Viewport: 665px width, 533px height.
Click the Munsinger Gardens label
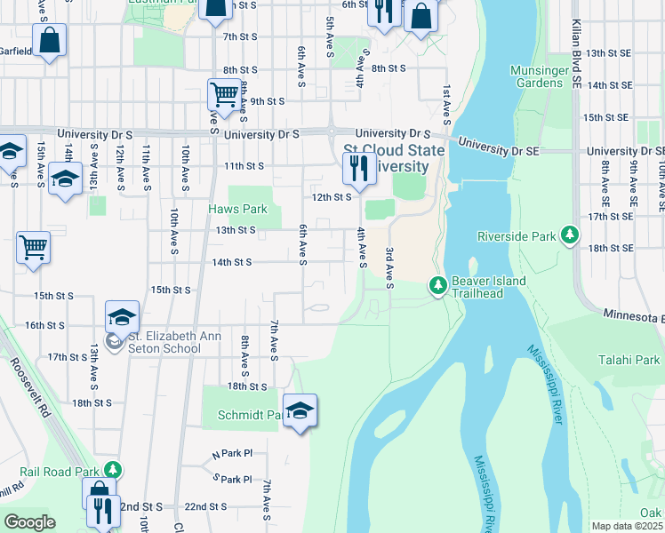536,76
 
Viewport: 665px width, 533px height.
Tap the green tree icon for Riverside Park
570,236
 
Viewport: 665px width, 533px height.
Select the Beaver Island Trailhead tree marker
437,286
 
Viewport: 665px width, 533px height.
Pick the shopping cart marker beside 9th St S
224,93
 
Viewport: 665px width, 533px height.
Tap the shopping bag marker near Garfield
51,41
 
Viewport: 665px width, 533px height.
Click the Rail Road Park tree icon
112,469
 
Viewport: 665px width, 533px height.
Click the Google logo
29,521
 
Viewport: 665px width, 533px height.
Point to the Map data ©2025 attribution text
628,526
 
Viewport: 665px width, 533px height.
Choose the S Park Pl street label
233,479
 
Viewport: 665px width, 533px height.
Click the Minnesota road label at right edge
633,314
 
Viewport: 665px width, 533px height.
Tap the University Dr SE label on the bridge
497,144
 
